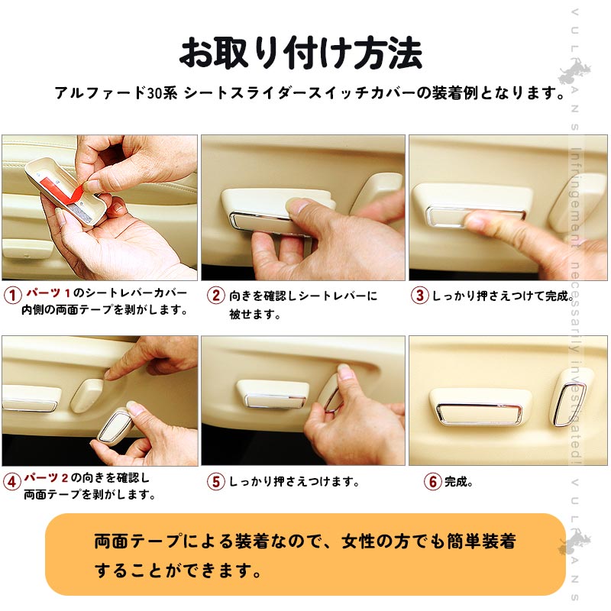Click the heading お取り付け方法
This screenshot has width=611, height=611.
301,53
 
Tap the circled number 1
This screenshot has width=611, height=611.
12,295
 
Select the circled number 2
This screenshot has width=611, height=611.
216,295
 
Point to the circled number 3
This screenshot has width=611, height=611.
419,295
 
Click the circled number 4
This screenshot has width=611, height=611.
11,482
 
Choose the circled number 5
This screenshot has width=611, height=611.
216,481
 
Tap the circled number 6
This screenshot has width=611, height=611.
432,482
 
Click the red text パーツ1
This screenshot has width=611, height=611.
48,293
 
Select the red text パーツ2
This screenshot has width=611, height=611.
46,477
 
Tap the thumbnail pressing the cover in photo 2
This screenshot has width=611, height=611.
296,205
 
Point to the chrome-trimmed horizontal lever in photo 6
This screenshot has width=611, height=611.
480,408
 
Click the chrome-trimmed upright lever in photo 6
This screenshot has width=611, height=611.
570,397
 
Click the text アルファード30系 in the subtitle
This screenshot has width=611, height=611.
116,93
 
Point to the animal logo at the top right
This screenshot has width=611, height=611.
574,71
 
